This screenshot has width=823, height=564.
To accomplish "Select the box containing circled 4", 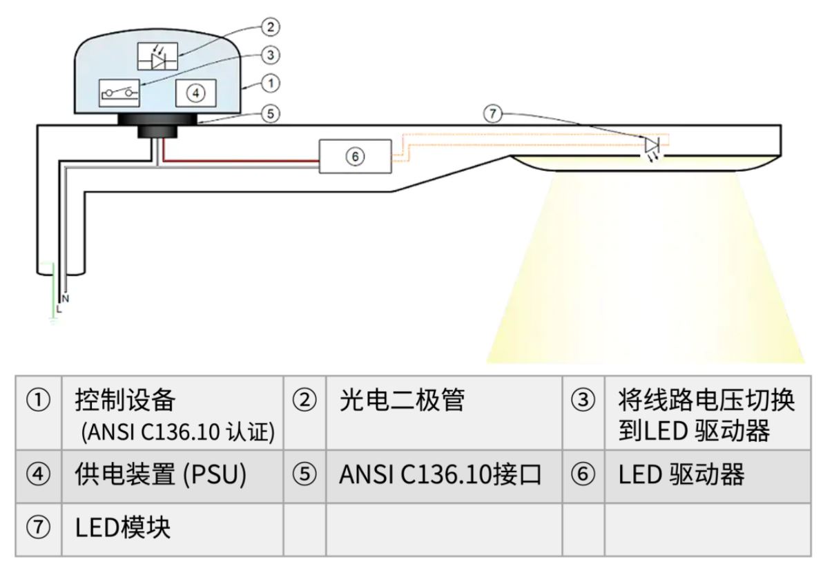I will pyautogui.click(x=196, y=93).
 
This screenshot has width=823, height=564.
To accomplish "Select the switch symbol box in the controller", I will pyautogui.click(x=120, y=92).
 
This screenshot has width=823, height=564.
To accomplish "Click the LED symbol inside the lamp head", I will pyautogui.click(x=652, y=146).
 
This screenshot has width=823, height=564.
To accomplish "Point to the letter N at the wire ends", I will pyautogui.click(x=65, y=299).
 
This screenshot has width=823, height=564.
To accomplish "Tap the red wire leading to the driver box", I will pyautogui.click(x=242, y=162).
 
